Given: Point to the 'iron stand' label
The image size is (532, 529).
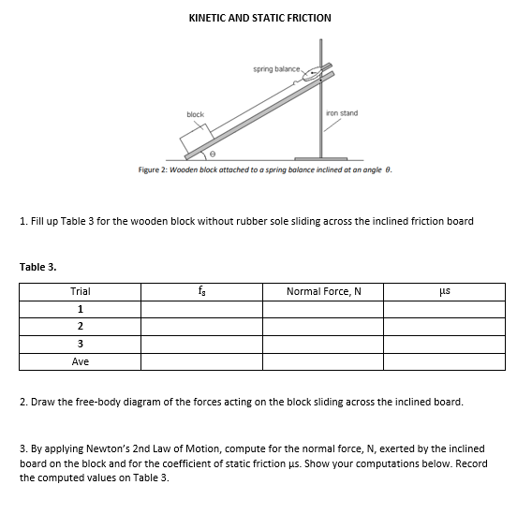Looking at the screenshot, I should (341, 113).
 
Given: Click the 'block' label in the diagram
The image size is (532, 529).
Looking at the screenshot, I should (195, 115).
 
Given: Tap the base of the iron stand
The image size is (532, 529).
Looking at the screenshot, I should (323, 159).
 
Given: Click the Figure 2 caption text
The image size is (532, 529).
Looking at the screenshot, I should (263, 171).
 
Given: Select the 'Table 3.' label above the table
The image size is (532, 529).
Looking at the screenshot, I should (38, 267).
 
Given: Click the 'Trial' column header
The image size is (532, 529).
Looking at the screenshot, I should (81, 292).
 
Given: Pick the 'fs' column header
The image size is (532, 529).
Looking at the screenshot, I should (201, 292).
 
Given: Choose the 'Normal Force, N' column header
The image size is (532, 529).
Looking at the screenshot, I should (323, 292).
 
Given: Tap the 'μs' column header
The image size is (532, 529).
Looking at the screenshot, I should (444, 292).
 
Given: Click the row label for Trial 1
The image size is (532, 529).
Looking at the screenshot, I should (81, 309).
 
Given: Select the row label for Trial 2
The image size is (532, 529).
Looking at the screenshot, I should (81, 327).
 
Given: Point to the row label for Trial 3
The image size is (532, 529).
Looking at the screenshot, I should (81, 344).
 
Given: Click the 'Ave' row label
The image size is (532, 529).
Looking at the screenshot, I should (81, 361).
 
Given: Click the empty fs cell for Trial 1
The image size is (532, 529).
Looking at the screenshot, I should (201, 309).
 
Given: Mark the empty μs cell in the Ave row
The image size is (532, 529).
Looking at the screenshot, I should (444, 361).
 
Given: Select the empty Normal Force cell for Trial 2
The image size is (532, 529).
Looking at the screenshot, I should (323, 327).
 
